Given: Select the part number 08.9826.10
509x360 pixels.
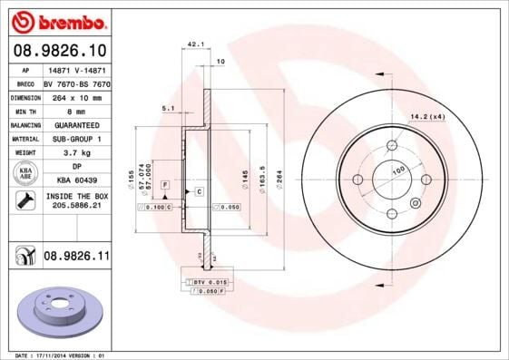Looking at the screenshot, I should coord(59,50).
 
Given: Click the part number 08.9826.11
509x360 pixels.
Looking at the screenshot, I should coord(76,258).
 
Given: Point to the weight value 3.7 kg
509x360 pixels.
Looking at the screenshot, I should coord(77,153).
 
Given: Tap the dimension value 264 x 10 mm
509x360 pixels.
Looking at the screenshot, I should coord(77,95).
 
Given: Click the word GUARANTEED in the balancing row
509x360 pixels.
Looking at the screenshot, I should coord(77,124).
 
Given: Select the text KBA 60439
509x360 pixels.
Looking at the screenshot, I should coord(77,180).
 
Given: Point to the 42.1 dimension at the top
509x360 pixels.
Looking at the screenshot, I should coord(193,43).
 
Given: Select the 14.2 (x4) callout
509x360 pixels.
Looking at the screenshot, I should coord(426,115).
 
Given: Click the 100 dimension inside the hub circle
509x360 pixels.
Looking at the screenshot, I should coord(397,170).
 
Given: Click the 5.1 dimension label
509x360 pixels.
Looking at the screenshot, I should coord(167,108).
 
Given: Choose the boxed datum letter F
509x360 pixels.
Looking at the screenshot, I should coord(166,184).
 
